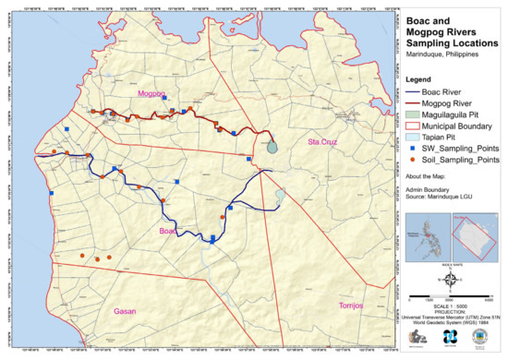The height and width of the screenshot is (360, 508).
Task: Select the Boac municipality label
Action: point(167,231)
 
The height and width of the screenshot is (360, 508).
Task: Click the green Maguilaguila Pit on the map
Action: point(271,145)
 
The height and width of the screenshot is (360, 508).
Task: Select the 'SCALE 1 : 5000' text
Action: point(451,306)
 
